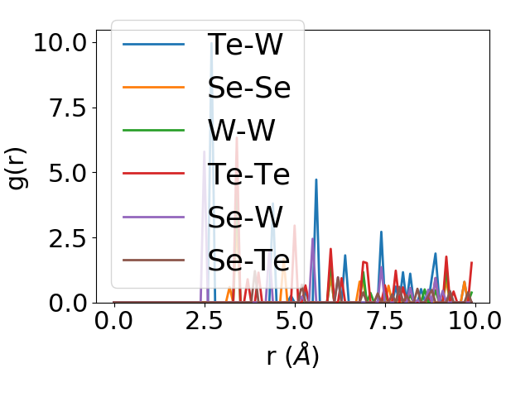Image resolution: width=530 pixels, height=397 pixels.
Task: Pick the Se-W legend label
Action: click(x=246, y=217)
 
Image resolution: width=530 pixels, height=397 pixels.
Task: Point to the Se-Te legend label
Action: click(x=248, y=261)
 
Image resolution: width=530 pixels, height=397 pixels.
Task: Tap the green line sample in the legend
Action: click(x=154, y=131)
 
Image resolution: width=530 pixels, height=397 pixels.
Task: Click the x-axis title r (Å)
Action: click(x=292, y=357)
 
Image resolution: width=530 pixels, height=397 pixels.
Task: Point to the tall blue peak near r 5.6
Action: click(x=316, y=179)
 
